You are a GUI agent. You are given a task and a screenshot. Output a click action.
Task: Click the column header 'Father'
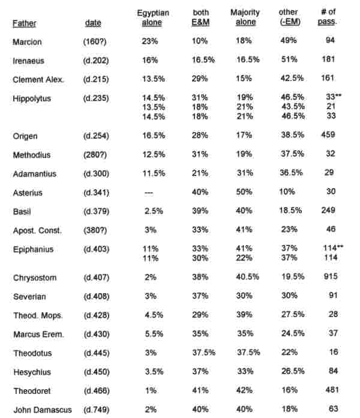coord(25,24)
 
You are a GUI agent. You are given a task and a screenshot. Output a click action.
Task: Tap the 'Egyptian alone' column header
coord(152,17)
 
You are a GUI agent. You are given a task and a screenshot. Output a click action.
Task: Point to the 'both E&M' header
coord(201,17)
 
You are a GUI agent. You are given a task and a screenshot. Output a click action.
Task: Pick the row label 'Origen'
coord(25,136)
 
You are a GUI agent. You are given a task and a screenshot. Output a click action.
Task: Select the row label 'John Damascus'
coord(41,410)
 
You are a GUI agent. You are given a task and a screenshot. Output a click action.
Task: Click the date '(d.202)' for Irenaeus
coord(96,61)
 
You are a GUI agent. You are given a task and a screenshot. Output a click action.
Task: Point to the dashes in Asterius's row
coord(151,192)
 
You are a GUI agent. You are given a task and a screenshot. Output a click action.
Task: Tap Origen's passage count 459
coord(329,136)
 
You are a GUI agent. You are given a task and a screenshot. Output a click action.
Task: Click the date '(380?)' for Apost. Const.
coord(96,230)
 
